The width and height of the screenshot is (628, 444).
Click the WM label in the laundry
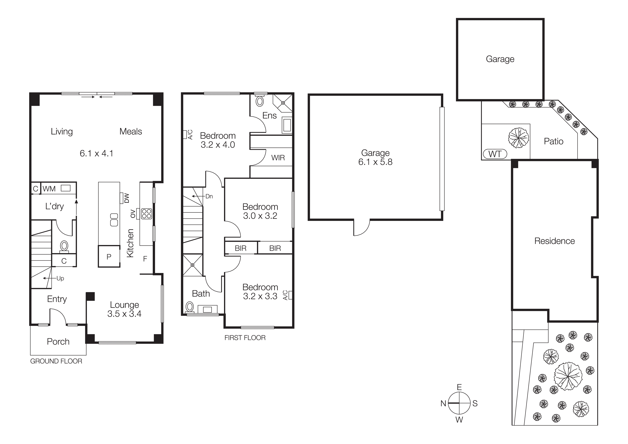point(49,189)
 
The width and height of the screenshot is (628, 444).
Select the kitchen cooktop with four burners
point(146,214)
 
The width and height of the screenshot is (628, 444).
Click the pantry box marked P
point(109,257)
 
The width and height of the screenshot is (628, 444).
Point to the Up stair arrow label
point(60,279)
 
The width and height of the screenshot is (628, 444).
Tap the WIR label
point(278,158)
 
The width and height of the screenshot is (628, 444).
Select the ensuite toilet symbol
point(260,101)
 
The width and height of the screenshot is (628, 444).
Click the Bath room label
point(201,294)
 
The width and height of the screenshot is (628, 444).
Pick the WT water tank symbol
point(495,154)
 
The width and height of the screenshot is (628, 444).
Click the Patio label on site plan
point(553,141)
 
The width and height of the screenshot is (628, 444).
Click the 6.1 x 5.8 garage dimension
point(375,162)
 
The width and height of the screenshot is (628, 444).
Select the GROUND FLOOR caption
point(56,361)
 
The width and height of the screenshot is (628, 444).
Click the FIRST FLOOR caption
point(245,338)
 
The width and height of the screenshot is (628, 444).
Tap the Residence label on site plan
point(554,241)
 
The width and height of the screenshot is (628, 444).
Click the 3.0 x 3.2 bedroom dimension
point(260,216)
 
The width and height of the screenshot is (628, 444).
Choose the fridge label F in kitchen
point(145,258)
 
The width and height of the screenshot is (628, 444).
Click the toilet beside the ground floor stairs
point(64,246)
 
